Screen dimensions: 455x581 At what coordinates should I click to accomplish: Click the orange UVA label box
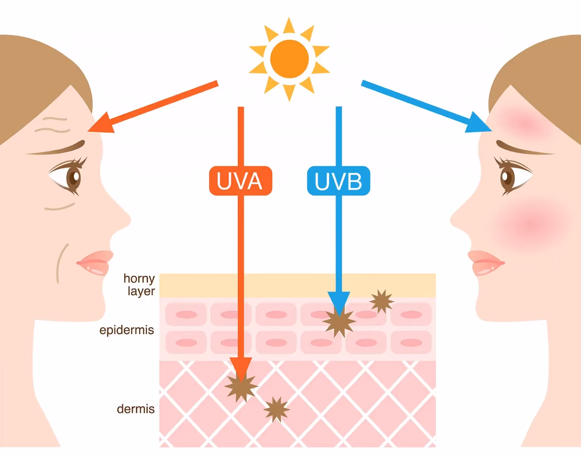pyautogui.click(x=241, y=181)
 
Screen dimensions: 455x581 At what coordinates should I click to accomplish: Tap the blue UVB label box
pyautogui.click(x=339, y=181)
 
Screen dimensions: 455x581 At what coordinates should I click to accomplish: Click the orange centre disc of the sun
pyautogui.click(x=289, y=59)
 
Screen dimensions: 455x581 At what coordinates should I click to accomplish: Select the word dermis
pyautogui.click(x=135, y=409)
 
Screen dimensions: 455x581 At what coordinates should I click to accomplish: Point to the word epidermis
pyautogui.click(x=126, y=330)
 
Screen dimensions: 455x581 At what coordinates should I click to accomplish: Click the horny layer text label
pyautogui.click(x=140, y=285)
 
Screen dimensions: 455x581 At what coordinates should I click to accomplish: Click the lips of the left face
pyautogui.click(x=95, y=262)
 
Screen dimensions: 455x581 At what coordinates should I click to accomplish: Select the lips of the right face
pyautogui.click(x=486, y=262)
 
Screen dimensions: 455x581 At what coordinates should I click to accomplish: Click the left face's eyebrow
pyautogui.click(x=61, y=149)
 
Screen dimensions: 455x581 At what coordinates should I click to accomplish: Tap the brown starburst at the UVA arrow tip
pyautogui.click(x=241, y=386)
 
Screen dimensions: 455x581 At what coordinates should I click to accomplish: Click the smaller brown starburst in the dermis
pyautogui.click(x=277, y=409)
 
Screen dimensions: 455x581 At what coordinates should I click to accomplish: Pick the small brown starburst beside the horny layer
pyautogui.click(x=382, y=301)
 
